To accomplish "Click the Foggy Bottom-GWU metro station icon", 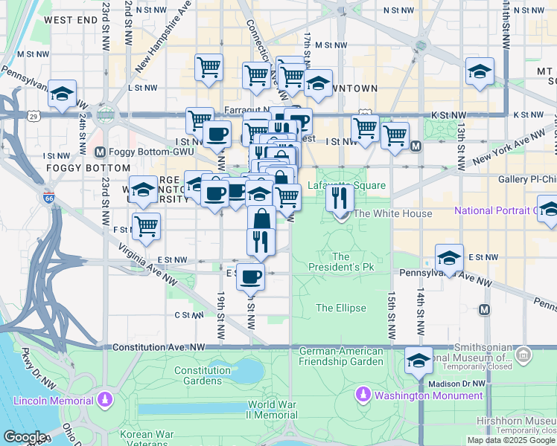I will click(x=101, y=152).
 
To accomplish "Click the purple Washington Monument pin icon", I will click(x=364, y=394).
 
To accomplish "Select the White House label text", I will click(x=392, y=214).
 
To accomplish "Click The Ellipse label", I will click(x=340, y=308).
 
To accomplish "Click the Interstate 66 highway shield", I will click(x=48, y=198).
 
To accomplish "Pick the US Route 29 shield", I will click(x=33, y=116).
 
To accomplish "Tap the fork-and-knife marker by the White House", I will click(x=340, y=198).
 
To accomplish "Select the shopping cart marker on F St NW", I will click(x=147, y=226).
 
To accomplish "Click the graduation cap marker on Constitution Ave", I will click(x=419, y=361).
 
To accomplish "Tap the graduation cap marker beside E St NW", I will click(x=449, y=257).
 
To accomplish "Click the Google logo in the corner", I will click(x=25, y=436).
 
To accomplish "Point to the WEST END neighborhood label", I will click(x=67, y=21).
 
